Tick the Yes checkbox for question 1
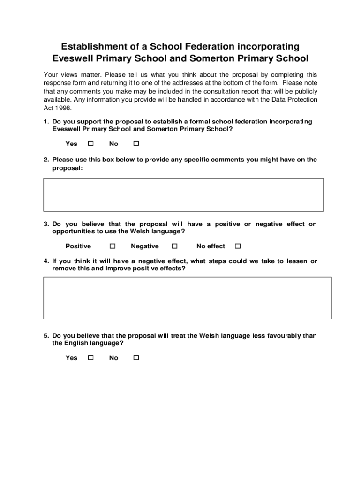(91, 144)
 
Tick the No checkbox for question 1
(136, 144)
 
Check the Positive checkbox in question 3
(113, 246)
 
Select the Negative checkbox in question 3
(174, 246)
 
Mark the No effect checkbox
(237, 246)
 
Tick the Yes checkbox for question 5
(91, 358)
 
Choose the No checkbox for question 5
(136, 358)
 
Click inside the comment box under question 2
(183, 195)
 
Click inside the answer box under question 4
(187, 298)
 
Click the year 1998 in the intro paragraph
(63, 108)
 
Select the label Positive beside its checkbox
(78, 246)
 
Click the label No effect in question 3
(211, 246)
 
